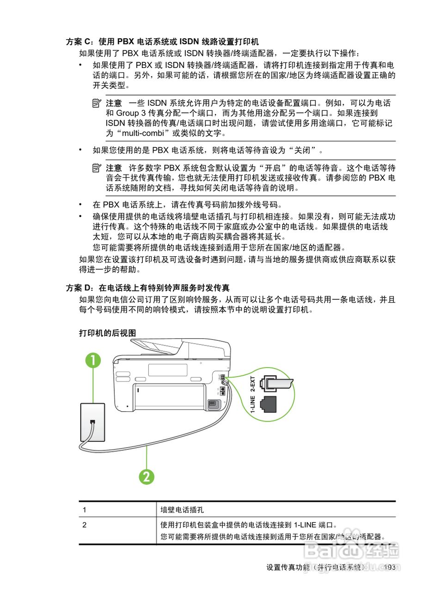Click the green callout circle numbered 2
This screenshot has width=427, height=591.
coord(146,476)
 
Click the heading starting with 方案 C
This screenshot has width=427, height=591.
coord(162,42)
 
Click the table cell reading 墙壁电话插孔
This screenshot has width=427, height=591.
coord(182,510)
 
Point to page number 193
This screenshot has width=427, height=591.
coord(390,567)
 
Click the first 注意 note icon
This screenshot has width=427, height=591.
coord(96,103)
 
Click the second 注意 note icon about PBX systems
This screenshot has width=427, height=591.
coord(96,168)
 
